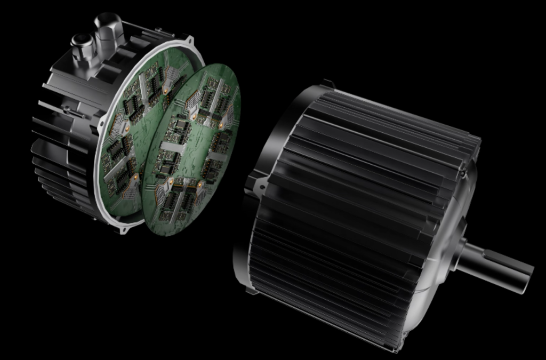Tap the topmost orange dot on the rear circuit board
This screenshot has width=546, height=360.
coord(166,91)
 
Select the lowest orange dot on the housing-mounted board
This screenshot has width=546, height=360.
coord(135,176)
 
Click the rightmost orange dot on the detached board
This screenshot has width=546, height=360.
coord(221,125)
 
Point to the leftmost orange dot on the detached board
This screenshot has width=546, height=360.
coord(171,182)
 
